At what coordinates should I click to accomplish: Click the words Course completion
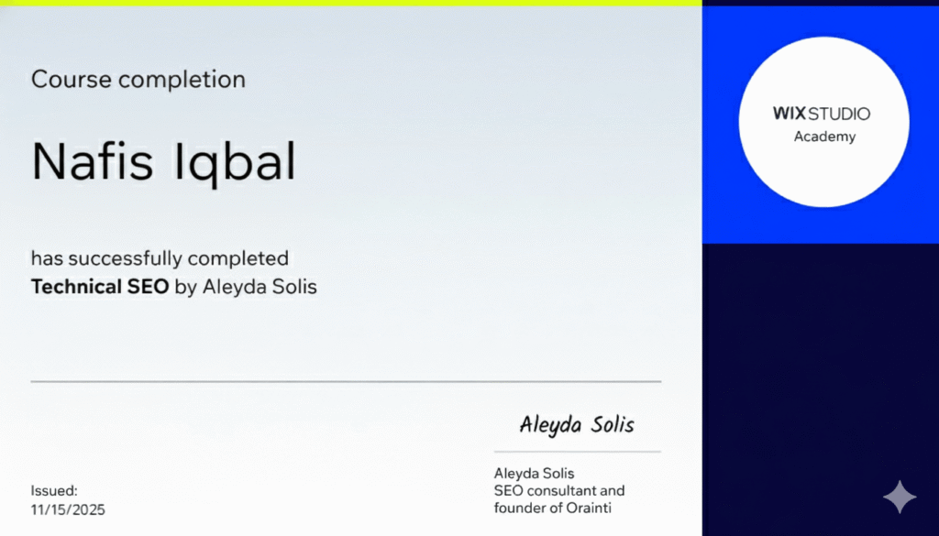138,80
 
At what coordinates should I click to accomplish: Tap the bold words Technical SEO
100,287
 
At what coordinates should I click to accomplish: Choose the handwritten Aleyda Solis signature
576,424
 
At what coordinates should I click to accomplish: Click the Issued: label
54,491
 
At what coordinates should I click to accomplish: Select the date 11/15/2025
68,509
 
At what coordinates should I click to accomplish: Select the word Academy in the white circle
823,137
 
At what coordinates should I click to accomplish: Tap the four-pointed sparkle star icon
899,497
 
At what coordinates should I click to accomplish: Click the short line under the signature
577,452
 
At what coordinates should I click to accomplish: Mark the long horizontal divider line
346,381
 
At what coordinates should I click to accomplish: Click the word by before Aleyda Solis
184,287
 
